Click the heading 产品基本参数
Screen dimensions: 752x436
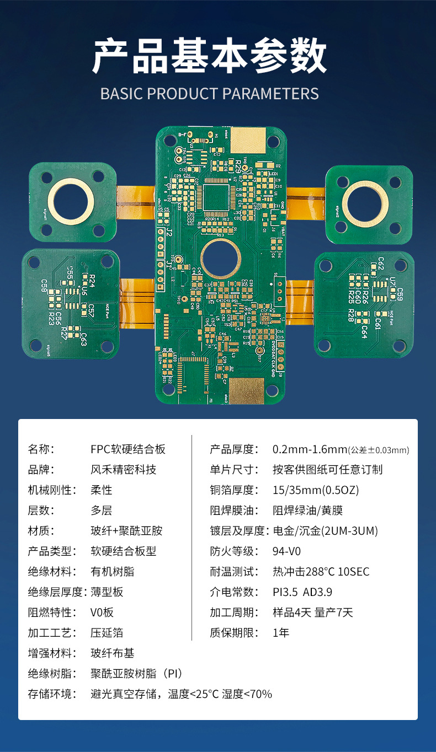(210, 56)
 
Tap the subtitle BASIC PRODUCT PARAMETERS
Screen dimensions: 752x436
(210, 94)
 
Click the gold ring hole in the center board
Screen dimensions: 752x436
(221, 259)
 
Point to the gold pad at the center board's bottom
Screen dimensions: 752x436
(246, 391)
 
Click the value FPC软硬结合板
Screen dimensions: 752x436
(128, 449)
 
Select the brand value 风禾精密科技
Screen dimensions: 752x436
(123, 470)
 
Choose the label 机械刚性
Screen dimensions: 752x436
(49, 490)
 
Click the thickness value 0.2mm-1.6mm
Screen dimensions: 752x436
(310, 449)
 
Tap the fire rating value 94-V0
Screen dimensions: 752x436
(287, 551)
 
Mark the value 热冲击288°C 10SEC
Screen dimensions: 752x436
(321, 572)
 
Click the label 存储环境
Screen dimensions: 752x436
(52, 694)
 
